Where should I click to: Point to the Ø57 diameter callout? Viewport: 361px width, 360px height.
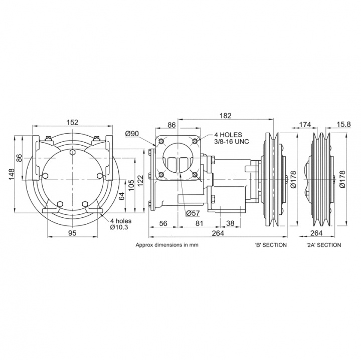(193, 213)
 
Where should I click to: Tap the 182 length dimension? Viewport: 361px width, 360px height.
(226, 116)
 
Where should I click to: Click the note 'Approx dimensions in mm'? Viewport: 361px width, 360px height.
(164, 245)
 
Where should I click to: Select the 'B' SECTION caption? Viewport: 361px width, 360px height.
(271, 245)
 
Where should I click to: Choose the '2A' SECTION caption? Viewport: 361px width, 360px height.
(323, 245)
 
